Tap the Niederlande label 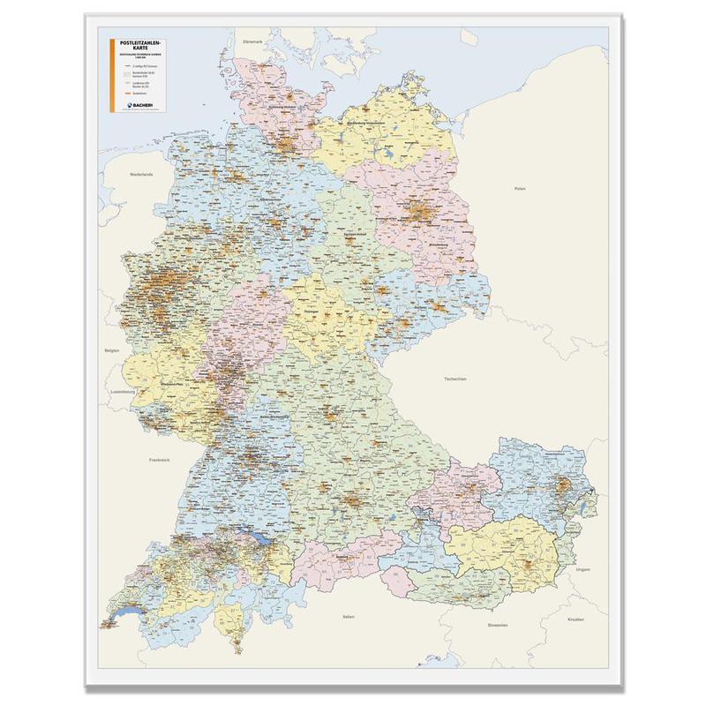(141, 174)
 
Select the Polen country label (520, 189)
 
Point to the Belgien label (111, 350)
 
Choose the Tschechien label (454, 378)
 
